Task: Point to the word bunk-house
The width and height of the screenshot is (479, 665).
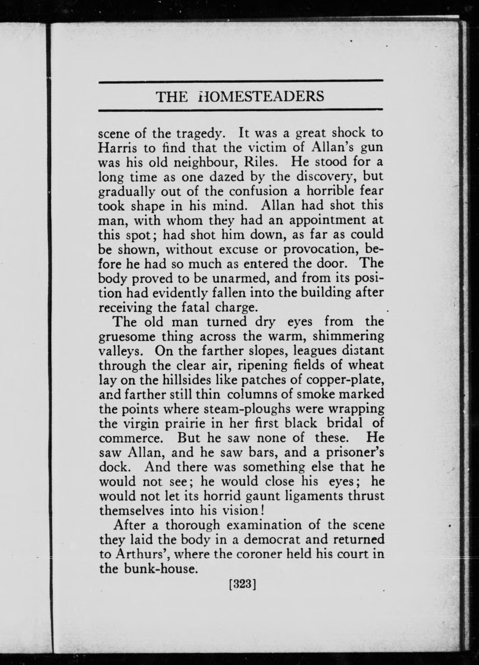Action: pyautogui.click(x=159, y=569)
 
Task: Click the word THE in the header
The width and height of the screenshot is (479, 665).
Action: pyautogui.click(x=172, y=96)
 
